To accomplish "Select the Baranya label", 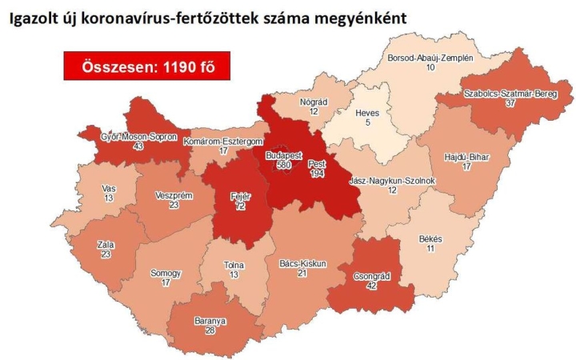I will pos(210,321).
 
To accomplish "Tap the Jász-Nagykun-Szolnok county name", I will pos(392,181).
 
